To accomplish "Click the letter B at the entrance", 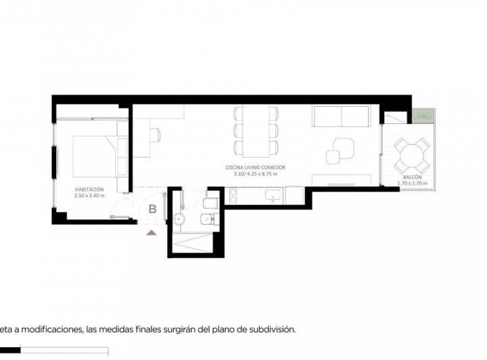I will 153,209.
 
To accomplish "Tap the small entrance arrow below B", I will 152,232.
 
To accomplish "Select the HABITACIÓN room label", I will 89,189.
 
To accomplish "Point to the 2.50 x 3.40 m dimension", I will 89,196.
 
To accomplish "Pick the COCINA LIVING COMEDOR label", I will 256,167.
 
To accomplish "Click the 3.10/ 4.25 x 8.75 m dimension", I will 256,174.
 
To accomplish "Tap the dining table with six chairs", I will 256,130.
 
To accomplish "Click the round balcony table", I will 412,156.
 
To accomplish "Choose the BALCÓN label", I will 413,177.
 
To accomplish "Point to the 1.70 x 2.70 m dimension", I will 413,183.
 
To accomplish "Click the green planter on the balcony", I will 423,116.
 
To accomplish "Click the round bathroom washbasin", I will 180,219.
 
